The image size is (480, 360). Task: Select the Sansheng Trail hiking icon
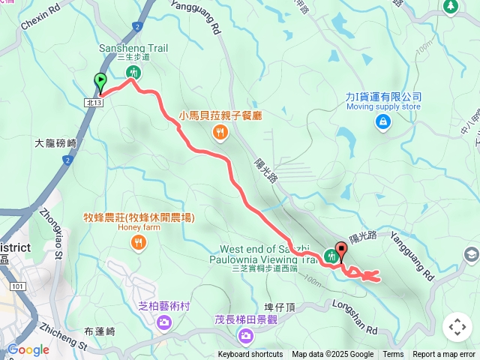pos(133,73)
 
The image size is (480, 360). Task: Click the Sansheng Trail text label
pos(133,48)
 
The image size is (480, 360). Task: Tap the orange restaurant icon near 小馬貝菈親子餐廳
pos(220,133)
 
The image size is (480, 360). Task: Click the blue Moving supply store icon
pos(383,121)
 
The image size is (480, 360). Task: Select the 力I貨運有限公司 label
pos(383,97)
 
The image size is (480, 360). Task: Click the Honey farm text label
pos(139,227)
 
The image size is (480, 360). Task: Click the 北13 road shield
pos(93,102)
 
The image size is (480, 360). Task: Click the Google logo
pos(28,349)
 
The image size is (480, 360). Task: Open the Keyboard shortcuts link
pos(250,355)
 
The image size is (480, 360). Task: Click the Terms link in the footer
pos(393,355)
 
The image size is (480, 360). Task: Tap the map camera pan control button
pos(457,327)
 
